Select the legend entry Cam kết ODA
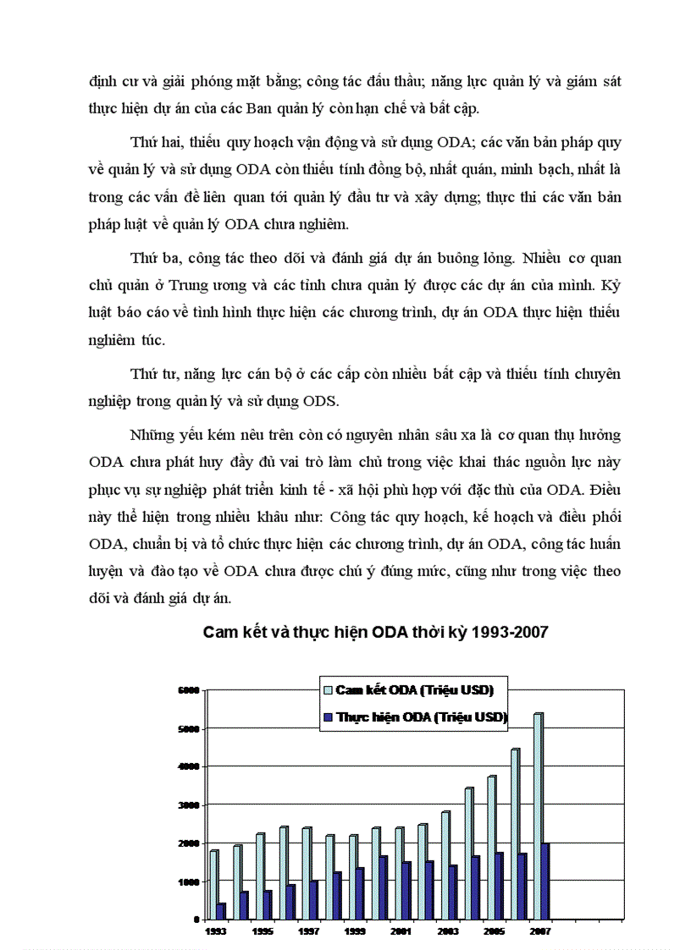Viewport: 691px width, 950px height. [x=414, y=689]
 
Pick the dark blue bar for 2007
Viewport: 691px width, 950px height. [x=545, y=881]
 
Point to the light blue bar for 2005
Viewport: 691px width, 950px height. [x=490, y=847]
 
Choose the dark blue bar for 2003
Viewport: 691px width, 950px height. [x=452, y=892]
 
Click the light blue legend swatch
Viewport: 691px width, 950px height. [x=326, y=689]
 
